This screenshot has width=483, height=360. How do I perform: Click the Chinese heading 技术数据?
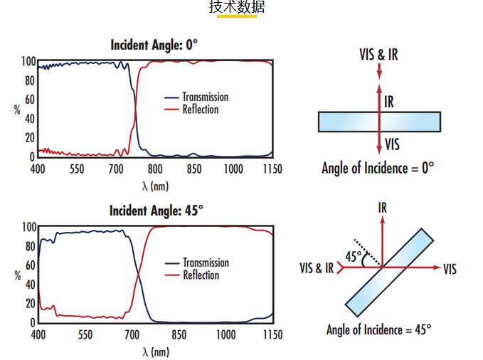[237, 8]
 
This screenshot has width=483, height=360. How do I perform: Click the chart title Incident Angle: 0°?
[154, 45]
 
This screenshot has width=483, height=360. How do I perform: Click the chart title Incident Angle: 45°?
[156, 211]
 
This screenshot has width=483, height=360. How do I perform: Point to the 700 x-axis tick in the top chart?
[116, 169]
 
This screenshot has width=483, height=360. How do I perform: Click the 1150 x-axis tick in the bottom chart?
[272, 335]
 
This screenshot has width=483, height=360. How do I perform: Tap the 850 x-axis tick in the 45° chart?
[179, 335]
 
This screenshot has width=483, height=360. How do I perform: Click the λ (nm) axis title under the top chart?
[155, 186]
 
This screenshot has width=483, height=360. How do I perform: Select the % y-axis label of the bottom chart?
[17, 275]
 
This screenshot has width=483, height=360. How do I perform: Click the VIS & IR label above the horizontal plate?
[378, 54]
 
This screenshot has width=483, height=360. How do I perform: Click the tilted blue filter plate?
[390, 272]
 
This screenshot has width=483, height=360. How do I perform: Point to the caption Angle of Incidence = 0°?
[377, 168]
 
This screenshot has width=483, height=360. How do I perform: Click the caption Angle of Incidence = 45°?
[379, 329]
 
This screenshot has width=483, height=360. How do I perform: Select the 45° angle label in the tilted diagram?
[354, 255]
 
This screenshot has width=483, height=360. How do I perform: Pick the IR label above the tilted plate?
[383, 208]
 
